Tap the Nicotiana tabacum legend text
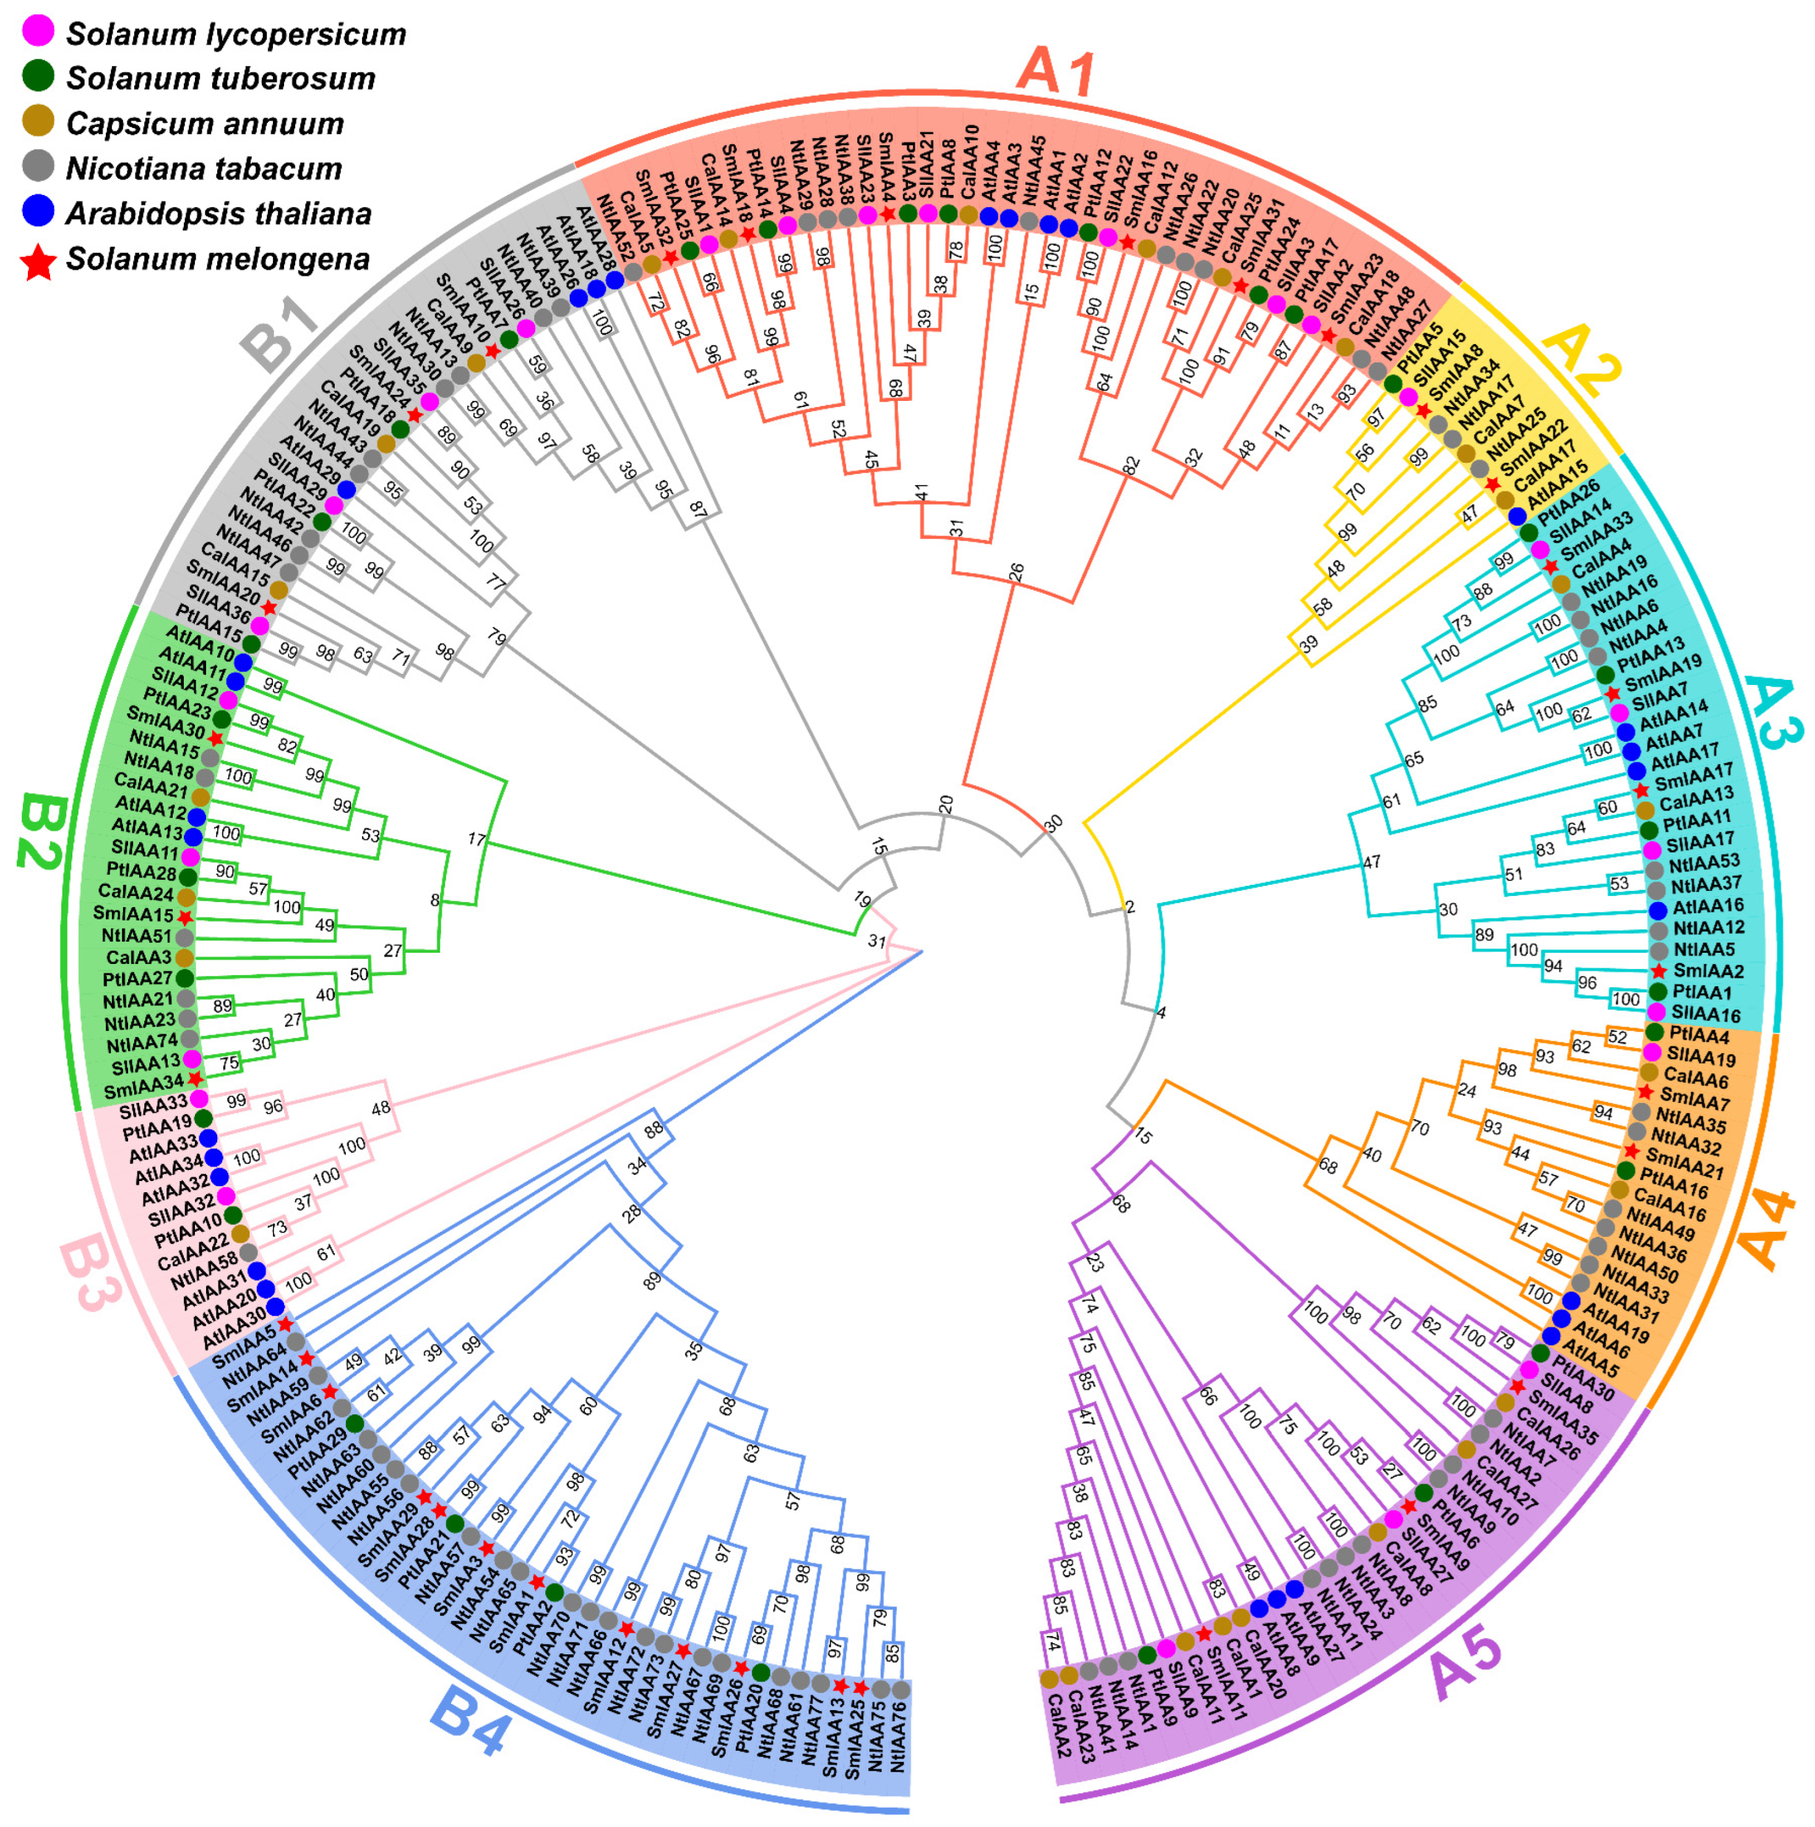(x=204, y=170)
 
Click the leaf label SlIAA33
(x=153, y=1103)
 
